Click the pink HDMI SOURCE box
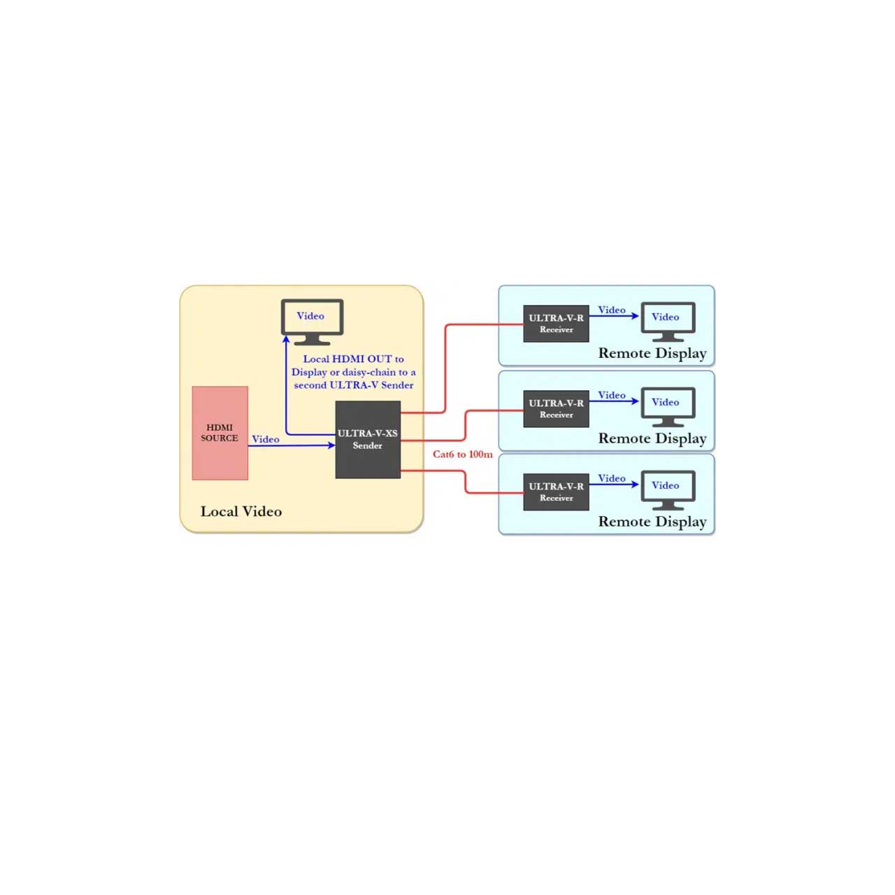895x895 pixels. [220, 433]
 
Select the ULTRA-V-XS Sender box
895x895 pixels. [368, 439]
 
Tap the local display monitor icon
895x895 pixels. [312, 322]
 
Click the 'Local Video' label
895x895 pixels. [241, 511]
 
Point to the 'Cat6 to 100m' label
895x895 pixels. [463, 454]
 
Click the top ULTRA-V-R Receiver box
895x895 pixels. [556, 324]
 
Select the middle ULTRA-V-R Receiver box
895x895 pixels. [556, 409]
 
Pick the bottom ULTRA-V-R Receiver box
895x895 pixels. [556, 492]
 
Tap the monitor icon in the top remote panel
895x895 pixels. [668, 322]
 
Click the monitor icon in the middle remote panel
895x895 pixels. [668, 407]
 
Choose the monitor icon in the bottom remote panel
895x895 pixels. [668, 490]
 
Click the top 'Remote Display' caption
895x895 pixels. [652, 353]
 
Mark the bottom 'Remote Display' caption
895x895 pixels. [652, 522]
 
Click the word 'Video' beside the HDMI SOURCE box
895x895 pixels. [266, 439]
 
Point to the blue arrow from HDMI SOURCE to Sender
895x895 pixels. [292, 445]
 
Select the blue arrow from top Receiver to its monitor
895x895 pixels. [614, 316]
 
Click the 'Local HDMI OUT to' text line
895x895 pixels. [353, 359]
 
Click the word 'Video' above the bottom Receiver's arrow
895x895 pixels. [612, 478]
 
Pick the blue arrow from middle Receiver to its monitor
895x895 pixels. [614, 401]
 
